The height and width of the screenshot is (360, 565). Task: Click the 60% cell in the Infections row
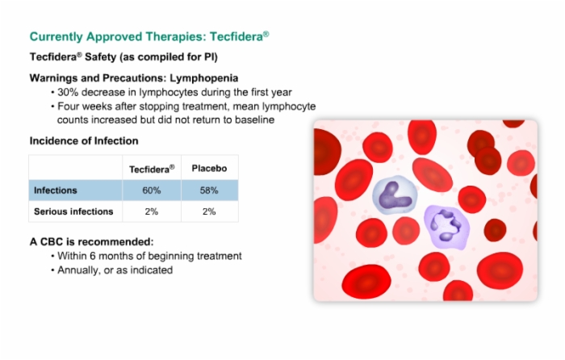(152, 190)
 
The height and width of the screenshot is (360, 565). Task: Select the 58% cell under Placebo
(209, 190)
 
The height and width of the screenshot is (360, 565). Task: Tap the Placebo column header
(209, 168)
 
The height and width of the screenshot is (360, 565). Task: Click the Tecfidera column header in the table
(152, 169)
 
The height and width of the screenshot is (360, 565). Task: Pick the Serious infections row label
(73, 211)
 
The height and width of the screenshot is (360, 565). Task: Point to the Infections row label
(56, 190)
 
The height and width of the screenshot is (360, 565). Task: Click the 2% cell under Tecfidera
(152, 211)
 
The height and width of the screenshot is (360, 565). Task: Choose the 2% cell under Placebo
(209, 211)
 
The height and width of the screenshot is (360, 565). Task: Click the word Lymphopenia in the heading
(204, 78)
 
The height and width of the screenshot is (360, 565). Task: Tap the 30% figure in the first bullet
(68, 92)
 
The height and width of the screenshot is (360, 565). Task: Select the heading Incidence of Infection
(84, 140)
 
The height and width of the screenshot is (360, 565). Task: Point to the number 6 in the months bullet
(93, 256)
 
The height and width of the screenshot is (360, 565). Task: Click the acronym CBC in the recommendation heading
(52, 241)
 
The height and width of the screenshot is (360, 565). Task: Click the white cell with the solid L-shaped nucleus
(395, 195)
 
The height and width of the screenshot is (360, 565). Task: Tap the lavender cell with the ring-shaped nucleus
(447, 227)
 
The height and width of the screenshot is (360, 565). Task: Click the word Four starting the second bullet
(69, 107)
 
